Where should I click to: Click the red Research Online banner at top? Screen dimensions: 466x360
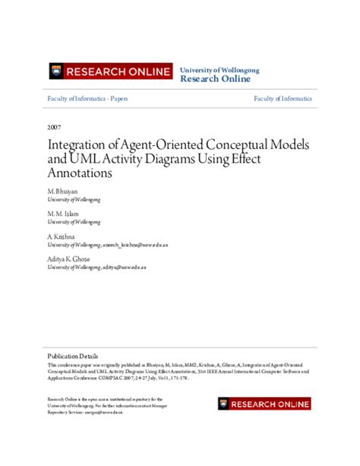point(109,72)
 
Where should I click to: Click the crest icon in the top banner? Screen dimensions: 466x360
point(55,72)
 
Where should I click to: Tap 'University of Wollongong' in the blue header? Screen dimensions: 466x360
point(219,69)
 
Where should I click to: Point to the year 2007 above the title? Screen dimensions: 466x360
point(54,128)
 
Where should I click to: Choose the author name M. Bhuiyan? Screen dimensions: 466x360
point(64,190)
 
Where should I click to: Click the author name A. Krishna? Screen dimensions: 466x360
point(63,237)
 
